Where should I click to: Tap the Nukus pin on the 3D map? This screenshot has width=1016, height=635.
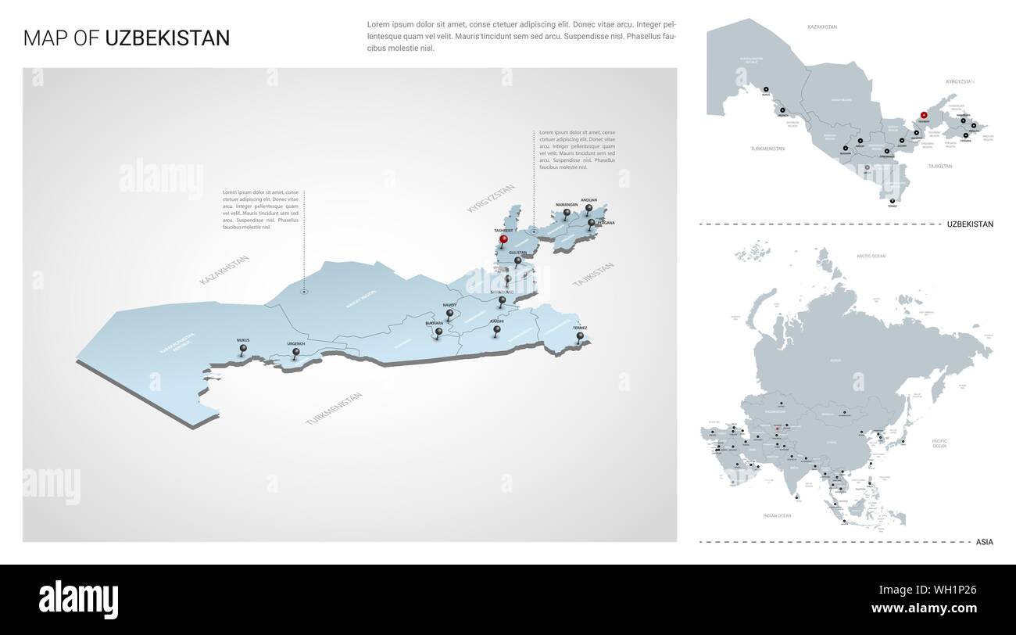click(242, 350)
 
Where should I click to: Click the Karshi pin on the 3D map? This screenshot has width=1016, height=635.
click(496, 331)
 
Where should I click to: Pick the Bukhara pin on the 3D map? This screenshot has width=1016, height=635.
click(438, 332)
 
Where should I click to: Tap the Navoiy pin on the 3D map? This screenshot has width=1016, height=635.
click(449, 314)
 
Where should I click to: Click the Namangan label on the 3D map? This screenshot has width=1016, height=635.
click(566, 204)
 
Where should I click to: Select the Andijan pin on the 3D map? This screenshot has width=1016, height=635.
click(588, 209)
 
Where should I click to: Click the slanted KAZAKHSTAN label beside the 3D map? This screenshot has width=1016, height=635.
click(224, 269)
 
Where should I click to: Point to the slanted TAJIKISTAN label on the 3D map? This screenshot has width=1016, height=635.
click(593, 274)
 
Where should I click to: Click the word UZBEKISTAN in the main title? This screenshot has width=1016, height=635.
click(167, 38)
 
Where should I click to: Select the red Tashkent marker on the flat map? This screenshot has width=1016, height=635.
click(923, 115)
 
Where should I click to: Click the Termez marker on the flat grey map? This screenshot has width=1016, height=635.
click(892, 202)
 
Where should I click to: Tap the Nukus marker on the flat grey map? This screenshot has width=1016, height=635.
click(766, 88)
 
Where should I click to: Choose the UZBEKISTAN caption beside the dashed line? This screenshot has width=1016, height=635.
click(969, 224)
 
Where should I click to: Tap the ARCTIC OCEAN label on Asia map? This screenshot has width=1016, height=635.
click(871, 256)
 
